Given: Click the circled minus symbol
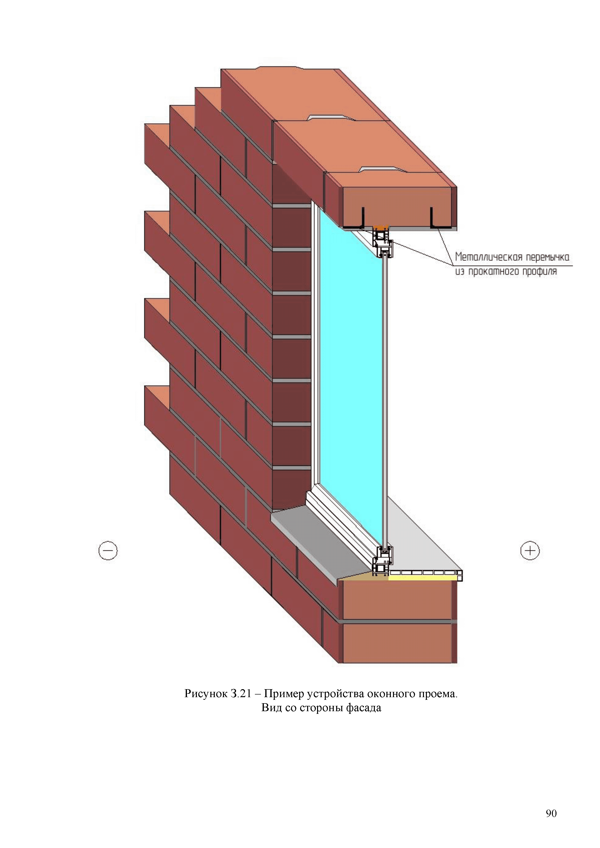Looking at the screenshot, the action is coord(108,551).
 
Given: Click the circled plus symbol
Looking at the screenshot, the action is coord(530,551).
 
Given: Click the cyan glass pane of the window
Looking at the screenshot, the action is coord(351,369).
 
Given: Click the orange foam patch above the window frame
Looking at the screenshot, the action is coord(381,227).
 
